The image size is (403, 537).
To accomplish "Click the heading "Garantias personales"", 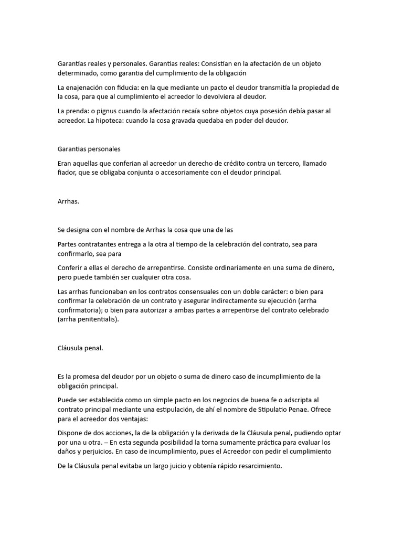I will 89,149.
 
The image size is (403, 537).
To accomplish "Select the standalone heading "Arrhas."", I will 68,201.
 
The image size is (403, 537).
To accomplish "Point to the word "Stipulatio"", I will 282,409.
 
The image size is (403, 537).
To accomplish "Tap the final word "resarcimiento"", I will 257,465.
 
